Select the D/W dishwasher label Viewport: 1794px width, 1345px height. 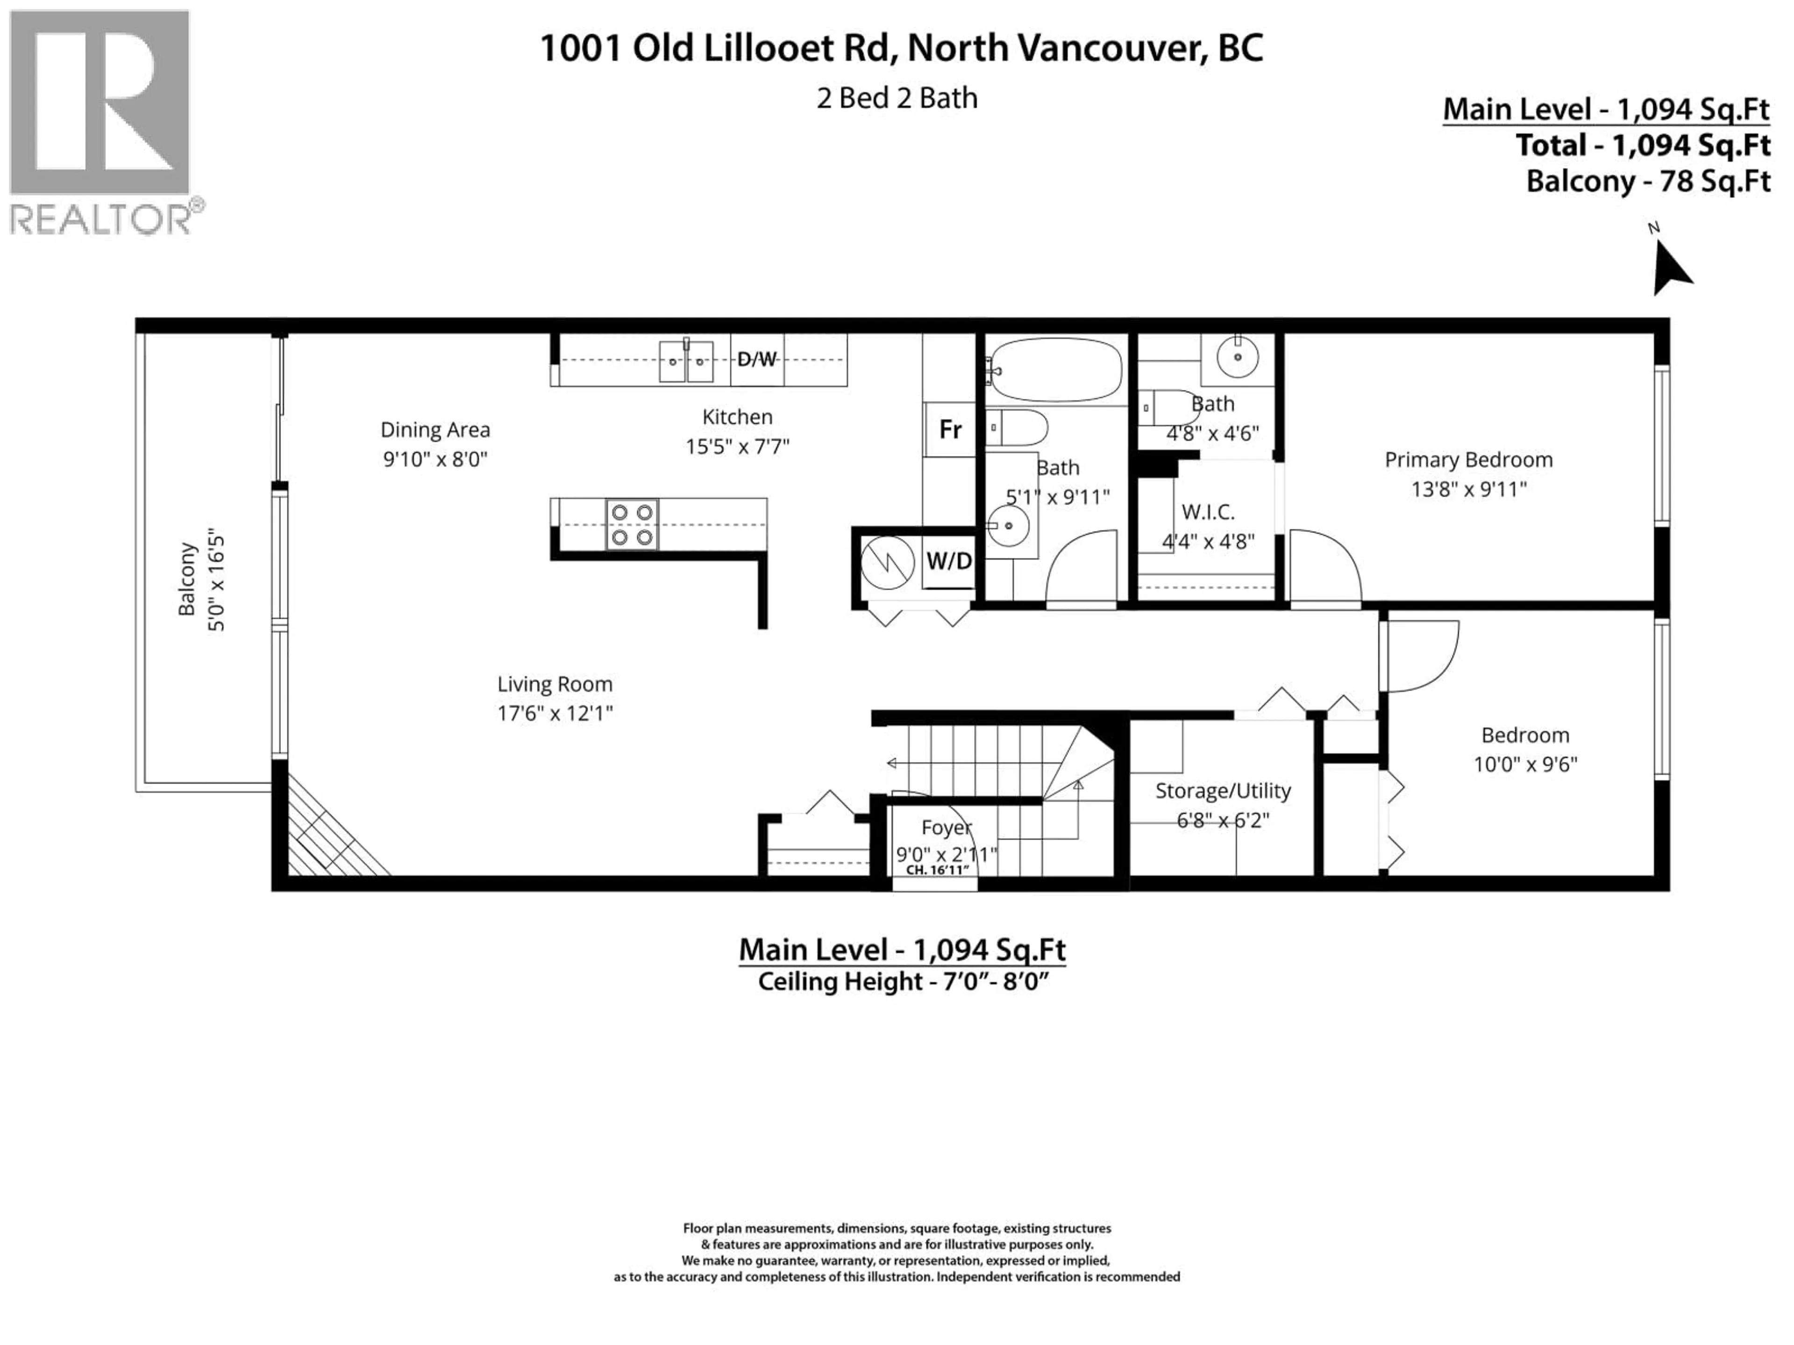pyautogui.click(x=757, y=359)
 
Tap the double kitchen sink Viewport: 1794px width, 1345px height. pyautogui.click(x=686, y=361)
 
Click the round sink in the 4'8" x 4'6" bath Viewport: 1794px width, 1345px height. pyautogui.click(x=1238, y=357)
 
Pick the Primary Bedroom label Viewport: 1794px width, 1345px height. pyautogui.click(x=1468, y=460)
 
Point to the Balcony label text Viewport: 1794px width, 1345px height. pyautogui.click(x=186, y=579)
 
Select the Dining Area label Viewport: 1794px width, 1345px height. pyautogui.click(x=435, y=430)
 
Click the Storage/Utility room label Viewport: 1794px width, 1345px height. pyautogui.click(x=1222, y=791)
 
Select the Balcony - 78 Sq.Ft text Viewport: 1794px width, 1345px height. pyautogui.click(x=1648, y=181)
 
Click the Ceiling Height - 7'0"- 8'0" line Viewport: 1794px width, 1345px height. pyautogui.click(x=903, y=982)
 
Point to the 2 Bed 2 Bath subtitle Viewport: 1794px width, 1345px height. pyautogui.click(x=897, y=98)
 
